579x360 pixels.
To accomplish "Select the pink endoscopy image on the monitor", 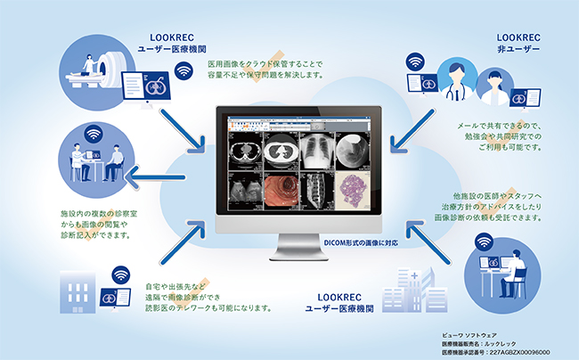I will pos(281,190).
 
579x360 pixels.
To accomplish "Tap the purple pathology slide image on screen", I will pos(350,189).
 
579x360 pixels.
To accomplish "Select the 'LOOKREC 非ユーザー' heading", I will pos(519,42).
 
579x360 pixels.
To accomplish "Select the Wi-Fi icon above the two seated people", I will pos(93,136).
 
